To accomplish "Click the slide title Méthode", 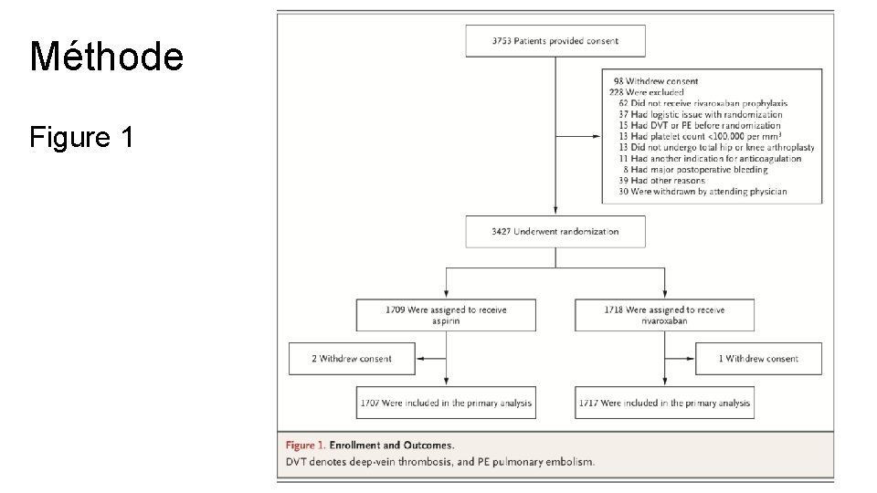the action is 106,56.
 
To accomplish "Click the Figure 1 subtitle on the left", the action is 81,137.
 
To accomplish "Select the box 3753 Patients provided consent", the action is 555,41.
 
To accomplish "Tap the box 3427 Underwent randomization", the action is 555,231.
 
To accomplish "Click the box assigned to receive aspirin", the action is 446,315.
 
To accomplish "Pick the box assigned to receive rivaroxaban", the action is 664,315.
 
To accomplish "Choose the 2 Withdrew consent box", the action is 352,359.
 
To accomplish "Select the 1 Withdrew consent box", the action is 758,359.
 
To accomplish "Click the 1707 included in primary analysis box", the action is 446,403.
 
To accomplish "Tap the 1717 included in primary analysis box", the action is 664,403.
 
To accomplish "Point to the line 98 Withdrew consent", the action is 656,81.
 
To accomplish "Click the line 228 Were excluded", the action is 647,92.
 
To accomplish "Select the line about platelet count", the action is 700,136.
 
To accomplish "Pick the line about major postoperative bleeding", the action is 695,170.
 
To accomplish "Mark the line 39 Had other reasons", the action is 661,181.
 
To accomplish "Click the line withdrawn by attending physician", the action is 703,191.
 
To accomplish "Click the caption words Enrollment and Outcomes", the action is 392,446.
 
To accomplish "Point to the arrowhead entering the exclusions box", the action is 597,136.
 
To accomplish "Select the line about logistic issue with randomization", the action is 701,114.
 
